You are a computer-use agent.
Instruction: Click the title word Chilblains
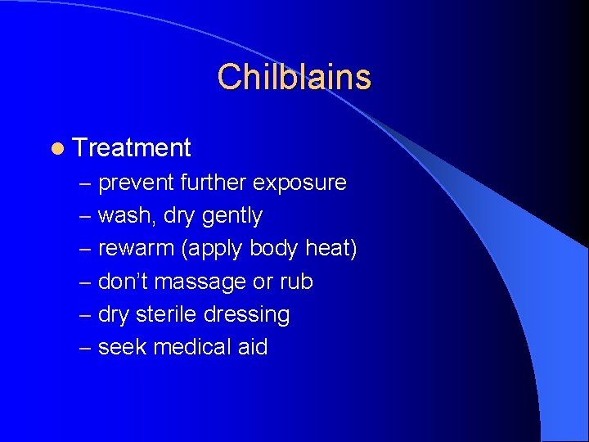pyautogui.click(x=294, y=77)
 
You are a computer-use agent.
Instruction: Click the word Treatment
pyautogui.click(x=132, y=148)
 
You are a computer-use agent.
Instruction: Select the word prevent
pyautogui.click(x=136, y=183)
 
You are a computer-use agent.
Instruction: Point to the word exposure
pyautogui.click(x=299, y=183)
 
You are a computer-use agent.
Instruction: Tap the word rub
pyautogui.click(x=295, y=282)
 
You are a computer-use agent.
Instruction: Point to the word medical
pyautogui.click(x=193, y=347)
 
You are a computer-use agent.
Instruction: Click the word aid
pyautogui.click(x=253, y=347)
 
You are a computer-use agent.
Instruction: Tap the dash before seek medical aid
pyautogui.click(x=85, y=348)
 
